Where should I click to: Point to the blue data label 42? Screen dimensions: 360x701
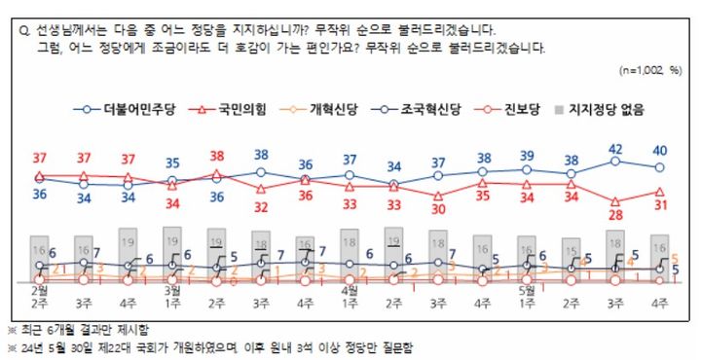pos(615,149)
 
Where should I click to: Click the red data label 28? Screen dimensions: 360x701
pos(615,216)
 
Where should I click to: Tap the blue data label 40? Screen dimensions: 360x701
pos(660,150)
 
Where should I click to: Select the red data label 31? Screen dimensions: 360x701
pos(660,205)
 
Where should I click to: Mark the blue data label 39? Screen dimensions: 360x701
pos(527,156)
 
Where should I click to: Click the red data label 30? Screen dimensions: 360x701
pos(438,208)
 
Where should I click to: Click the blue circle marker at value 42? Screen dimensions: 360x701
pos(615,162)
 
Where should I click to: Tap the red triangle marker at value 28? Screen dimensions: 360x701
pos(615,200)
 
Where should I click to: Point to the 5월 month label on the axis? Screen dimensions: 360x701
pos(527,290)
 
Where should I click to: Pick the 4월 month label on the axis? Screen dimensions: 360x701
pos(350,290)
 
